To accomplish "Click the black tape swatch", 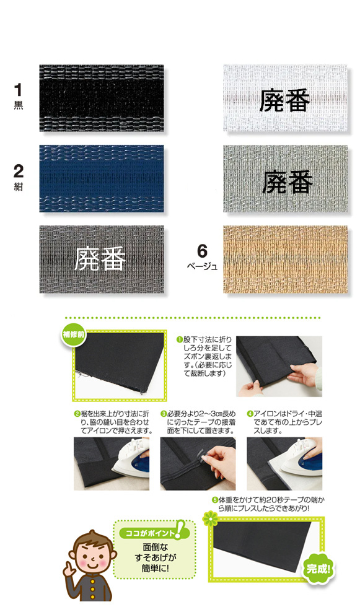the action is point(102,98).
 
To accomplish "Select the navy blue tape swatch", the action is point(102,178).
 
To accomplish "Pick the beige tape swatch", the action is point(285,260).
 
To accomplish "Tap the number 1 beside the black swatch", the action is point(18,90).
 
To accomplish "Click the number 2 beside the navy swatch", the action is point(18,171).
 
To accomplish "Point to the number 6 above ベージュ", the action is point(202,251).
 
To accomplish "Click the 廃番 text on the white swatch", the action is point(285,100).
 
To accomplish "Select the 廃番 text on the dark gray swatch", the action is point(100,259).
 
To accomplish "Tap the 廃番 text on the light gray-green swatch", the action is point(288,181).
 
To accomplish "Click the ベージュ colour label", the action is point(202,266).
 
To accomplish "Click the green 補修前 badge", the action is point(74,334).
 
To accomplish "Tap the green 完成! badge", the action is point(318,569).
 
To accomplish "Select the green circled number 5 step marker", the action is point(214,500).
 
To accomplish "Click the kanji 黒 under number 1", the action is point(18,106).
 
